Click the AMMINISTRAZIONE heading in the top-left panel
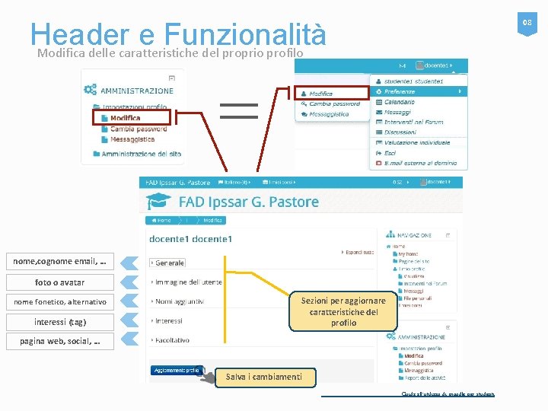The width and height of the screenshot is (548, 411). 136,91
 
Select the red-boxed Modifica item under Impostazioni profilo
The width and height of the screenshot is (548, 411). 124,118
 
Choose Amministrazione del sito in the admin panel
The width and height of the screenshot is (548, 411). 141,154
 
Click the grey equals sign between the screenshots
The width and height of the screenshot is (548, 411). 239,110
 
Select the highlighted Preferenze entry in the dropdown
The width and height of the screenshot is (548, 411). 399,91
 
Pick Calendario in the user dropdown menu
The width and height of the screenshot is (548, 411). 399,102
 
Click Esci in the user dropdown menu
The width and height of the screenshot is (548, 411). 390,153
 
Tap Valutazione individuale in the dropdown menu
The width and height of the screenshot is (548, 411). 416,142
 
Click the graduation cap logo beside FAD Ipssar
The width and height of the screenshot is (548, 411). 159,202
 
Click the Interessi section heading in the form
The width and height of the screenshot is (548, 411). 168,320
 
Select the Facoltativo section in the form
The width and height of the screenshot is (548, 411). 172,340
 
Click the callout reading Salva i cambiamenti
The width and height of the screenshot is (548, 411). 263,377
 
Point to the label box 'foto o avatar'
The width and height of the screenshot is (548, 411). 60,282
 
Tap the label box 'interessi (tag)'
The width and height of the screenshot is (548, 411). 60,321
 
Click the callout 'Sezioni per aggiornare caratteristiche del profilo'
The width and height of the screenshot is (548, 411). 343,311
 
